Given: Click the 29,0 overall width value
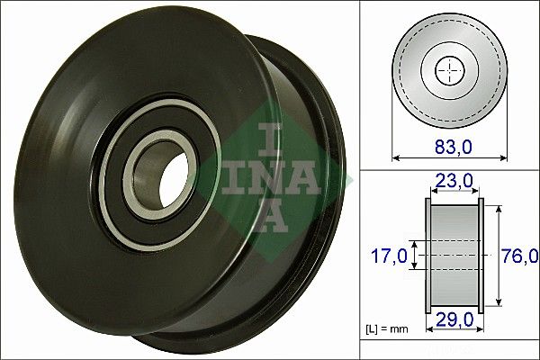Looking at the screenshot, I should [x=453, y=320].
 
